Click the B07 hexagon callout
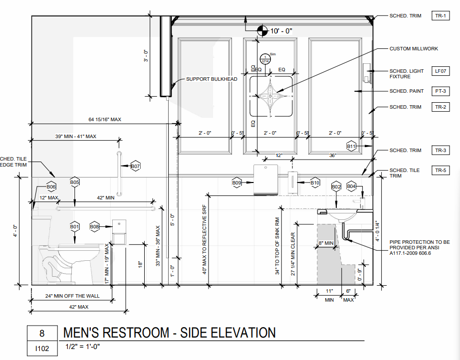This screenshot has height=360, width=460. coord(135,166)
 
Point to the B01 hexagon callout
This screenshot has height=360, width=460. coord(75,227)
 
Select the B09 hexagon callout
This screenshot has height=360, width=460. coord(236,183)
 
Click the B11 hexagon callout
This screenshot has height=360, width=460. coord(351,146)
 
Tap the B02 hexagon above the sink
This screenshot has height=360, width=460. coord(336,186)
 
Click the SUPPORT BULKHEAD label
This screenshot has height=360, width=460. coord(212,79)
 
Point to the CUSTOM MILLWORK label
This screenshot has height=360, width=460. coord(414,49)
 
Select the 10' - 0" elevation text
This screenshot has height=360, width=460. coord(281,31)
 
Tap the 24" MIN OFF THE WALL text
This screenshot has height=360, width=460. coord(72,296)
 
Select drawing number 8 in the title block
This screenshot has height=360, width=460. coord(42,333)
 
